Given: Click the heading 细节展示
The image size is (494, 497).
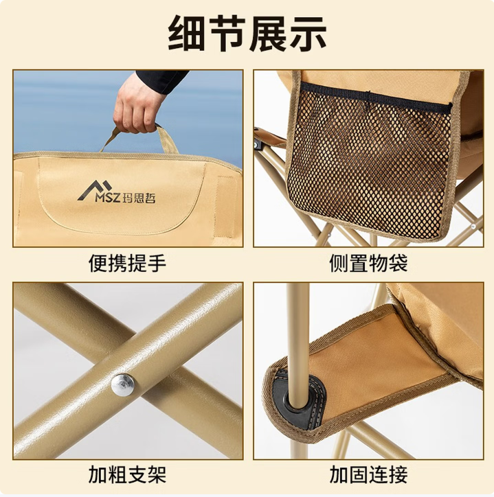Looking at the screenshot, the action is (247, 34).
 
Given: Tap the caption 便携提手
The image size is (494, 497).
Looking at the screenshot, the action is (127, 263).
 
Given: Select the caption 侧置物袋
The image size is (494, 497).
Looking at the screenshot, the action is (368, 263).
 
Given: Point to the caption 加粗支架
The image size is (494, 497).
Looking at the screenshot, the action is (127, 474).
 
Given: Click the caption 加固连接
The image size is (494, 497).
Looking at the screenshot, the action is (368, 474).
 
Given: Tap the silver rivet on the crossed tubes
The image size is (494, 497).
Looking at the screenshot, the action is (122, 384).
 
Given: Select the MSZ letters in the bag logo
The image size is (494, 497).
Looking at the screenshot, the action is (108, 198).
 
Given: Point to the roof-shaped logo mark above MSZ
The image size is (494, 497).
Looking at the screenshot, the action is (96, 189).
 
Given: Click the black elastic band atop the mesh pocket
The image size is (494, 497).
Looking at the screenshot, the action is (376, 95).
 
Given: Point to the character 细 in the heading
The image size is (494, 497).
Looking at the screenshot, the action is (186, 34).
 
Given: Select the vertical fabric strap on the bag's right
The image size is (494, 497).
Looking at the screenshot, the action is (226, 206).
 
